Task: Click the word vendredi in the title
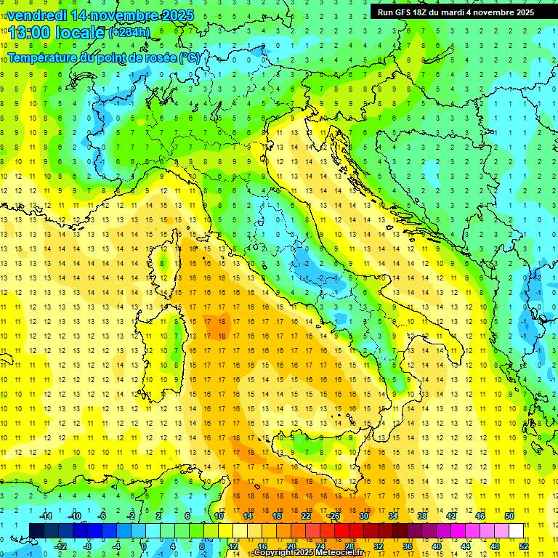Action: click(x=41, y=15)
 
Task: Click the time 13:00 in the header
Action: click(x=30, y=32)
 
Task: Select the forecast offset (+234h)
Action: click(x=129, y=32)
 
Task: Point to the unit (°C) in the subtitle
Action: click(x=189, y=57)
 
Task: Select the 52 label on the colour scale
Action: click(x=524, y=546)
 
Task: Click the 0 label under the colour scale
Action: click(x=144, y=546)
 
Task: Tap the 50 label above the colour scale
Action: click(x=509, y=516)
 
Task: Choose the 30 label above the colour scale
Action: click(x=363, y=516)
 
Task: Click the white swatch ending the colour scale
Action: click(x=516, y=530)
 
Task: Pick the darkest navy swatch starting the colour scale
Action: click(x=36, y=530)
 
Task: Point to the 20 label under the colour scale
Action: click(x=291, y=546)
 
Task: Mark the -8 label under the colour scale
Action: click(x=87, y=546)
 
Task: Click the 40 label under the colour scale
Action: click(x=437, y=546)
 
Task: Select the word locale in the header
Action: click(x=80, y=32)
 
